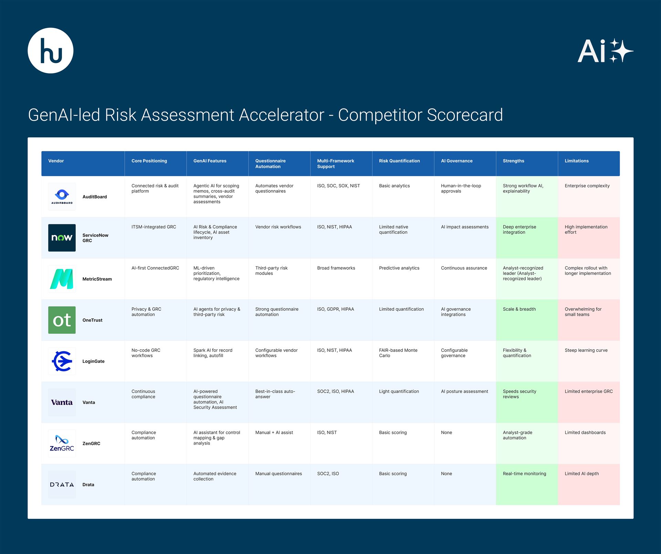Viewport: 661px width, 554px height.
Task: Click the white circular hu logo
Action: click(51, 51)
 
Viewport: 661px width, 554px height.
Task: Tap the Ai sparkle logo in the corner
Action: click(605, 51)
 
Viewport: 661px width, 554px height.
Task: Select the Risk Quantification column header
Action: click(399, 161)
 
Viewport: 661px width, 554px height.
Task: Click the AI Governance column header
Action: click(457, 161)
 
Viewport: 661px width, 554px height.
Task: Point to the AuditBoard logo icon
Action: click(62, 196)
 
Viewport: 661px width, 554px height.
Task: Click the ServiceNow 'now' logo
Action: click(62, 238)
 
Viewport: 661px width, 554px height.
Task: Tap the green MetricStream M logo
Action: click(62, 279)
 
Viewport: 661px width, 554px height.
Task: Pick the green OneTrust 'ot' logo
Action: click(62, 320)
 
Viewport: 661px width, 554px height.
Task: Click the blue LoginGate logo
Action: click(62, 361)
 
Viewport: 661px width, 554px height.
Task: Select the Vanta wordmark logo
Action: click(62, 402)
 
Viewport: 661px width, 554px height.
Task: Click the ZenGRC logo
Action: click(62, 443)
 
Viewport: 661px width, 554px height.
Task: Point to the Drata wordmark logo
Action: click(62, 484)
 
